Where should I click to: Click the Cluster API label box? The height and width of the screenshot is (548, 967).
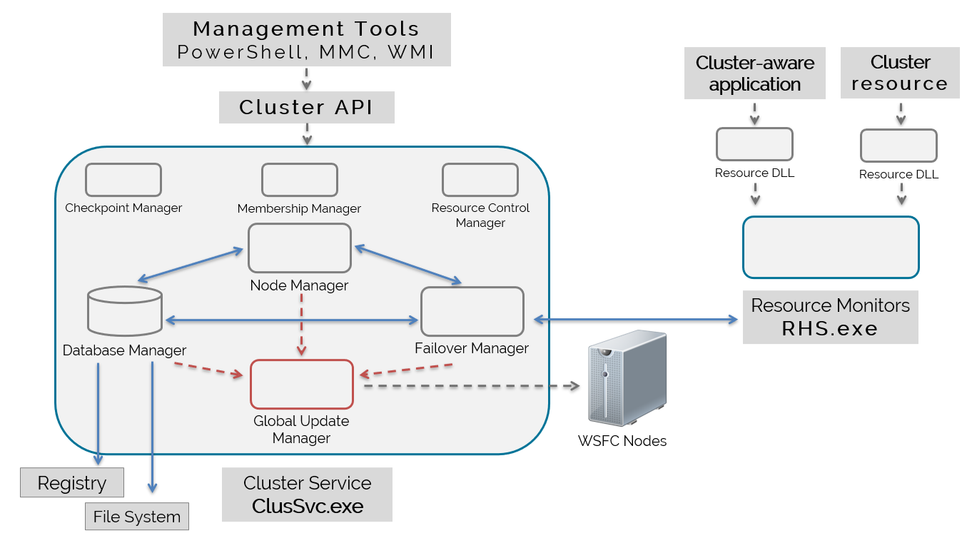pos(306,108)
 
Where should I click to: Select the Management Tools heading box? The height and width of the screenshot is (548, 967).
pos(306,40)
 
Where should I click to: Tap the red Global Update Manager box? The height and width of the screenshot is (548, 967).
pos(301,384)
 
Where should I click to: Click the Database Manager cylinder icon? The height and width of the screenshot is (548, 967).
pos(124,311)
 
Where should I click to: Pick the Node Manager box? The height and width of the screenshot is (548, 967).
pos(300,248)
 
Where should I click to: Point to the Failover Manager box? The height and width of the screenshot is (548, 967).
pos(472,312)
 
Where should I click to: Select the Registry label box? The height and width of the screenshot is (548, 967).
pos(71,483)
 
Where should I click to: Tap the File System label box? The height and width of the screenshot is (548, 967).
pos(137,517)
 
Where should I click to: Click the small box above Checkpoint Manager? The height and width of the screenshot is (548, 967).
pos(123,180)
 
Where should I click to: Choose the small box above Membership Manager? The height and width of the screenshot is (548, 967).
pos(299,180)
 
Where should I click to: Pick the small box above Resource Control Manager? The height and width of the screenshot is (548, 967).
pos(480,180)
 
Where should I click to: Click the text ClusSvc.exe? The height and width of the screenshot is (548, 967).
pos(308,507)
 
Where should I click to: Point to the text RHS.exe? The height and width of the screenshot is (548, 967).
pos(829,329)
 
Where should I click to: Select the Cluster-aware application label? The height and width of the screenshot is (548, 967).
pos(754,73)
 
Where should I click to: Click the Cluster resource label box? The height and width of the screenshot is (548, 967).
pos(900,73)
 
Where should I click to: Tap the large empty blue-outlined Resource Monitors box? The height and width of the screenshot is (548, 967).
pos(831,247)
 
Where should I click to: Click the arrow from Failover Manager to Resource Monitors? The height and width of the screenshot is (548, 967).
pos(635,320)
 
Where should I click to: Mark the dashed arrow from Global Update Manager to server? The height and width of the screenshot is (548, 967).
pos(471,386)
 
